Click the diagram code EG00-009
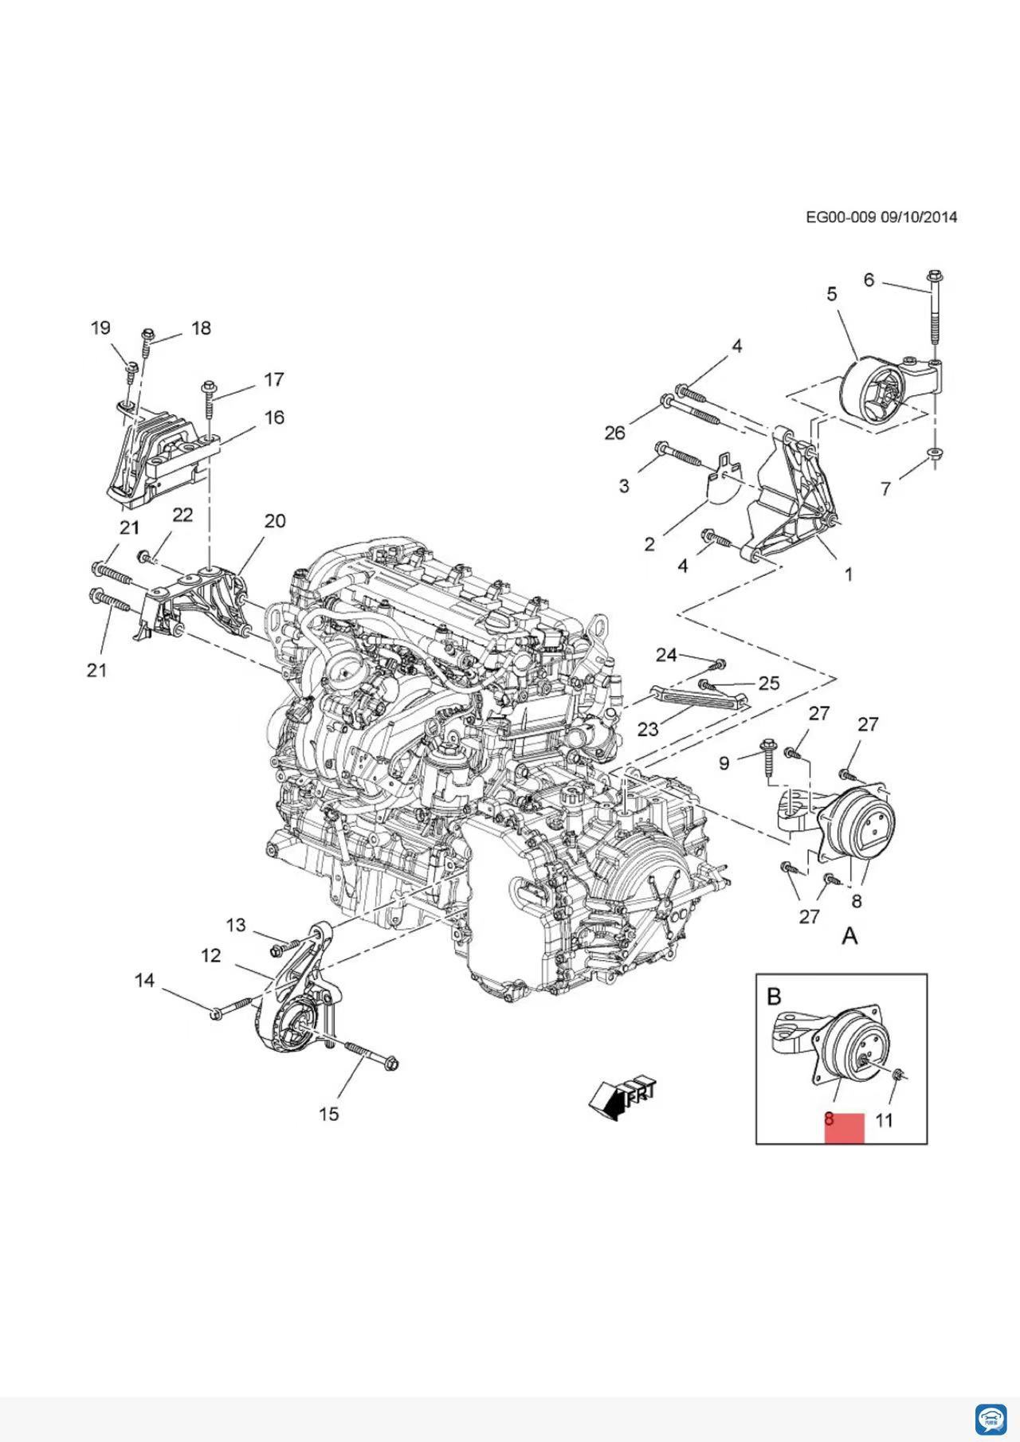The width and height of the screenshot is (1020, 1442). tap(841, 217)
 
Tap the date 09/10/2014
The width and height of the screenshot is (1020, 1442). tap(919, 217)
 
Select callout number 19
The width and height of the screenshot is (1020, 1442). tap(100, 327)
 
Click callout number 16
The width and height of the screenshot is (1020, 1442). tap(274, 417)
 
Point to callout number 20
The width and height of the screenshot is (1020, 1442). tap(275, 521)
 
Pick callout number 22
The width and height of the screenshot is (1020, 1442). tap(182, 515)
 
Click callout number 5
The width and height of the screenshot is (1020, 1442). tap(832, 294)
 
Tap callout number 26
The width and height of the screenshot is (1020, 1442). tap(614, 433)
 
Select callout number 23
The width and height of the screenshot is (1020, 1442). tap(648, 729)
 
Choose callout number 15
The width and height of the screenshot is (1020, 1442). tap(329, 1114)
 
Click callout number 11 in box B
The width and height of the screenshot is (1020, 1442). tap(885, 1120)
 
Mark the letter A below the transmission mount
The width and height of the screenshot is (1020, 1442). tap(850, 937)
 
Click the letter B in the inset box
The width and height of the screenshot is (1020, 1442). tap(774, 996)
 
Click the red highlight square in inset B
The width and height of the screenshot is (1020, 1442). tap(845, 1128)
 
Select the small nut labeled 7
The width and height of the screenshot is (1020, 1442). tap(935, 454)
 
